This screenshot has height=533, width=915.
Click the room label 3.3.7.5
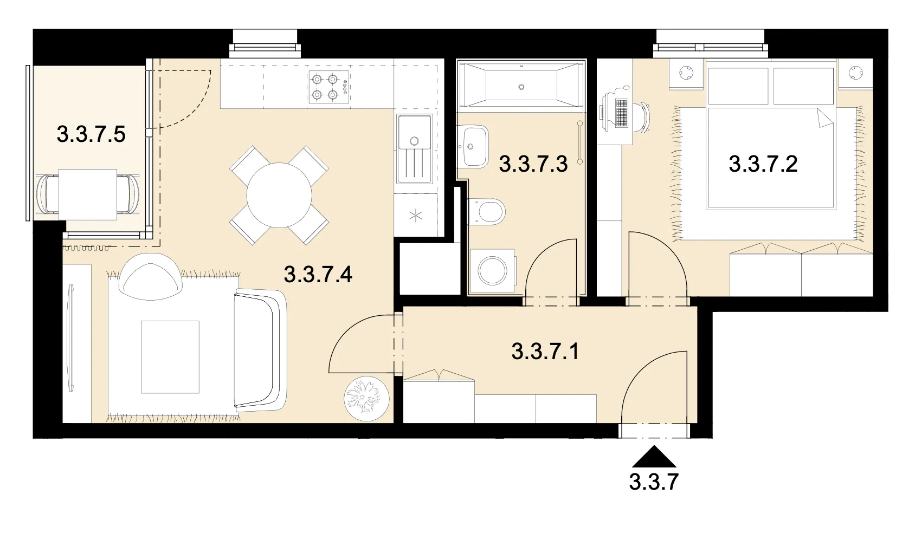(91, 134)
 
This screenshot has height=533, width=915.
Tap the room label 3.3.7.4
(318, 274)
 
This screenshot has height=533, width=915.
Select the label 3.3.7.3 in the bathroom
(533, 164)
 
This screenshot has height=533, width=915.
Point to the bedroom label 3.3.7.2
(763, 164)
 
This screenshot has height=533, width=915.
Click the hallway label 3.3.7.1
(545, 352)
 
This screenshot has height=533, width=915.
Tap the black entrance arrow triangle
(654, 456)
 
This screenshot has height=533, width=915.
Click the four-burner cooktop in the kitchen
(329, 87)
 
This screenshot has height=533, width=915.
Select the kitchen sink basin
(414, 132)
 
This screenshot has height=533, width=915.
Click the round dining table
(279, 195)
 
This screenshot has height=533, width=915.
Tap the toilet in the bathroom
(486, 211)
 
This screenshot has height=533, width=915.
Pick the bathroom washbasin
(473, 146)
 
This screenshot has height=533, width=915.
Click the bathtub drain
(521, 87)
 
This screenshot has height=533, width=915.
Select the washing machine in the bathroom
(493, 271)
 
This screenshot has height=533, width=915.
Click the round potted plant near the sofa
(366, 398)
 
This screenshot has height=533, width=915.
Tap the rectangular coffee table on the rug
(170, 357)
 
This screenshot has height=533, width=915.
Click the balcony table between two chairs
(87, 194)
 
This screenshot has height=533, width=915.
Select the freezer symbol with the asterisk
(415, 215)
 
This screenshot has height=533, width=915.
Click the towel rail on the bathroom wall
(579, 142)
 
